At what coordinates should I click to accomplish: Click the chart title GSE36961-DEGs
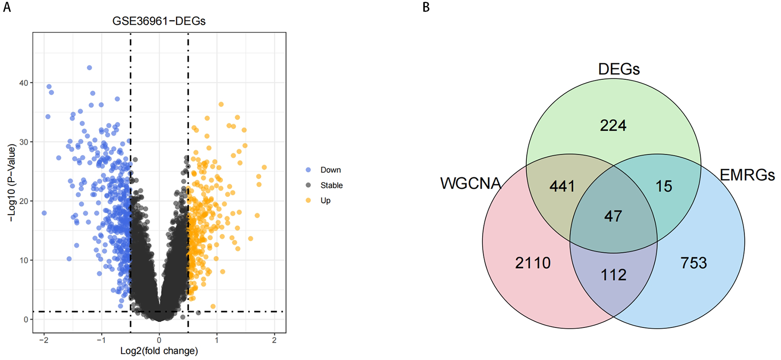point(159,21)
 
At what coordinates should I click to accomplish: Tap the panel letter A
point(7,7)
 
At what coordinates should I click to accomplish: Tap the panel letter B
point(426,7)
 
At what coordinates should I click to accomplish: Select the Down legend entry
point(330,170)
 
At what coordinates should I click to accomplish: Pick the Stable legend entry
point(331,185)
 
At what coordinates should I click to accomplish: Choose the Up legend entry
point(325,200)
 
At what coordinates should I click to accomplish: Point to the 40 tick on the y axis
point(23,83)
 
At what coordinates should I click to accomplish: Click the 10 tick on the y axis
point(23,260)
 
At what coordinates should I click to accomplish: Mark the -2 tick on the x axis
point(43,340)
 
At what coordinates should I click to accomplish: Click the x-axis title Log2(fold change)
point(159,351)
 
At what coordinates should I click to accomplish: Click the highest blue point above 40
point(89,68)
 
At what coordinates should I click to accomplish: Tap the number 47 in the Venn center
point(613,216)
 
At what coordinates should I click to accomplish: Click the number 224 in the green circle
point(613,126)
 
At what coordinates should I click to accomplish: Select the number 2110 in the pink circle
point(532,263)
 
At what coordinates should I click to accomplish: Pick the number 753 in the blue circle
point(693,263)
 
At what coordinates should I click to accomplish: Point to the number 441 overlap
point(562,187)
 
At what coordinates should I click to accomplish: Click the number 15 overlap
point(664,187)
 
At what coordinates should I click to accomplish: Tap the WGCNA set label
point(470,183)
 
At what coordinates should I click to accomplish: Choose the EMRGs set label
point(747,175)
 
